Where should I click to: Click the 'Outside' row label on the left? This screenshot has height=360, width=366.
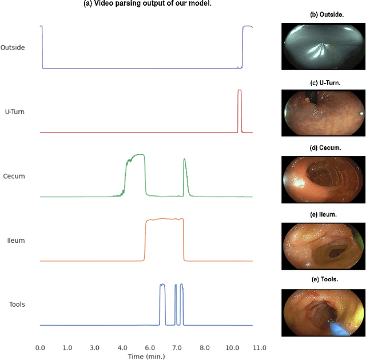point(13,47)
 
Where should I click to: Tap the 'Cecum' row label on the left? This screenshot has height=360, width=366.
point(14,176)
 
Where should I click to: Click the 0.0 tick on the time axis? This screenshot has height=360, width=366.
point(40,347)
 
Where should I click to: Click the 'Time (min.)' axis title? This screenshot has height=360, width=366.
point(146,356)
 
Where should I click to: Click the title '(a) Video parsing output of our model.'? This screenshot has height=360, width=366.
point(146,4)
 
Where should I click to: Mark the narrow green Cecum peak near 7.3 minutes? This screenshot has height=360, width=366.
point(184,163)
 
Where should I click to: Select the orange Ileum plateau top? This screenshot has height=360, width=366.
point(165,219)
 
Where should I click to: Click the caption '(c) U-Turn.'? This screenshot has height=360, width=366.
point(324,82)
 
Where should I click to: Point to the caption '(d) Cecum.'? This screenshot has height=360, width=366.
point(324,148)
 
